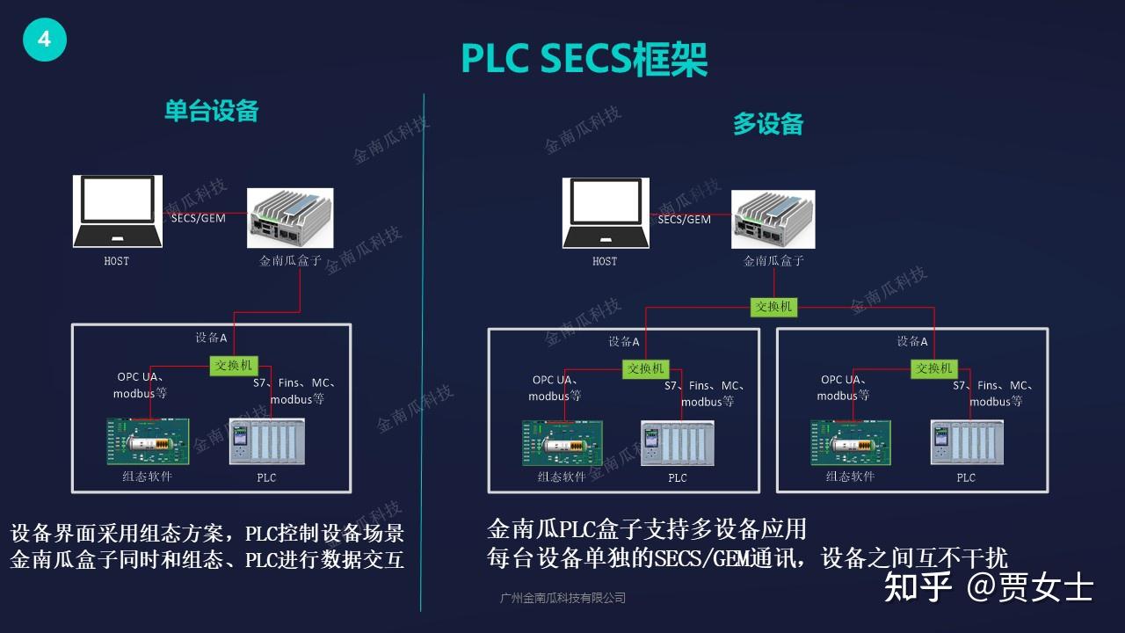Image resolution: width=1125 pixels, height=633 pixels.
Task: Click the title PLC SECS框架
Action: click(x=584, y=59)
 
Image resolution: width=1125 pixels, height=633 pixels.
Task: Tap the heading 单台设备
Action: click(x=212, y=111)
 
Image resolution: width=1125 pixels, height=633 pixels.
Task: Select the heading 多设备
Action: click(x=768, y=124)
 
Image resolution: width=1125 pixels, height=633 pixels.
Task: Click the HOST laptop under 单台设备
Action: click(x=117, y=212)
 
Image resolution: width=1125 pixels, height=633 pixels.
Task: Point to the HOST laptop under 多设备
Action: click(x=606, y=213)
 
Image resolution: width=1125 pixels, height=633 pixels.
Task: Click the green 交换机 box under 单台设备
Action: click(x=234, y=365)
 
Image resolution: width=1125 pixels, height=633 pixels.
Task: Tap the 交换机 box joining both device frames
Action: click(x=773, y=307)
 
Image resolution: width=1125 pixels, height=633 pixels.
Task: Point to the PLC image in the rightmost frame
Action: click(x=966, y=442)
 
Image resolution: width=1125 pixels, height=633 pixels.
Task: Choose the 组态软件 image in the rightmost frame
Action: click(x=850, y=442)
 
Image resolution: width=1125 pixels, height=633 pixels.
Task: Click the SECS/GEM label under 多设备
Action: click(x=684, y=219)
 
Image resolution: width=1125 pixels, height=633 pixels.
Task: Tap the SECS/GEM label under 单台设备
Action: click(x=198, y=218)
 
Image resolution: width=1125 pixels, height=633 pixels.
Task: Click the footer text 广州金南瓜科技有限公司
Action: click(x=562, y=598)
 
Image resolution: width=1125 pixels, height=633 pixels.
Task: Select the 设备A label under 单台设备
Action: click(x=211, y=338)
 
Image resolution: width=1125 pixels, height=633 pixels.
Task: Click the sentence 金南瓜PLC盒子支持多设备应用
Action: click(x=647, y=528)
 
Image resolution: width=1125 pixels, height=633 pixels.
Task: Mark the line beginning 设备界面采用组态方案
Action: click(x=207, y=534)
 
